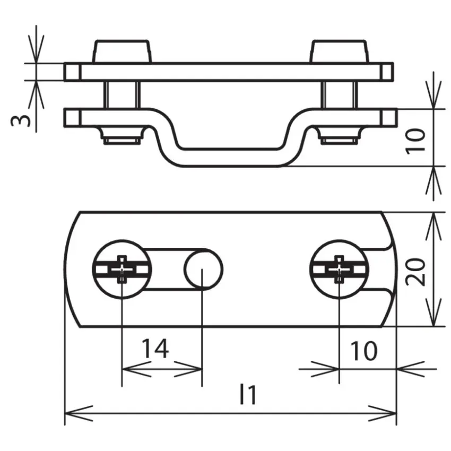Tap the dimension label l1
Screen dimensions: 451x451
248,395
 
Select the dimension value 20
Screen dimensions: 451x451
416,272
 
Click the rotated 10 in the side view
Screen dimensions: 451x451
415,142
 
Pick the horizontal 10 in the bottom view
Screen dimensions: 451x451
363,351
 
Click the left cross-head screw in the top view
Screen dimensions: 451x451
122,269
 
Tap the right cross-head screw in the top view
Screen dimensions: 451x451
339,269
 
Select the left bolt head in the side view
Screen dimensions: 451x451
122,51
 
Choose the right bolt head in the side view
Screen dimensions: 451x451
339,51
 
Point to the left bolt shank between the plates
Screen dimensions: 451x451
122,94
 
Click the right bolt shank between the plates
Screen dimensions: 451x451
340,94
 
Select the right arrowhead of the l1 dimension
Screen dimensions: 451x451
383,414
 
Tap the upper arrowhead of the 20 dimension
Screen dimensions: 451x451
433,227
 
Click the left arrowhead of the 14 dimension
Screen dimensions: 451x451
136,369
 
